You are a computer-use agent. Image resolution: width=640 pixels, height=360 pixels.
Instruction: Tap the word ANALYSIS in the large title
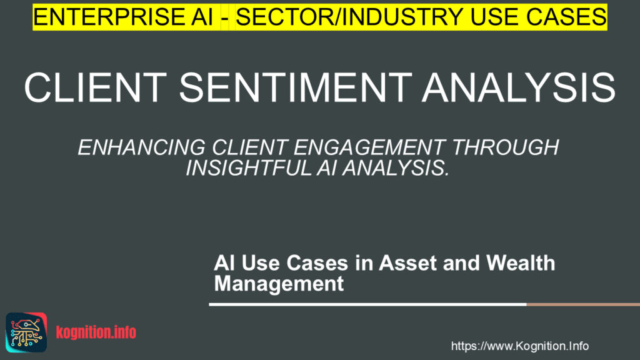click(519, 87)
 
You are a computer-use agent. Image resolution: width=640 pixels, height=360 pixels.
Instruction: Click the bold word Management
click(279, 284)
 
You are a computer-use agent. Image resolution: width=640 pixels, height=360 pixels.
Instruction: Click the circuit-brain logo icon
click(26, 332)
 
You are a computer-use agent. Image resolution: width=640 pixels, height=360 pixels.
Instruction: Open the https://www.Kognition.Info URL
click(519, 346)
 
